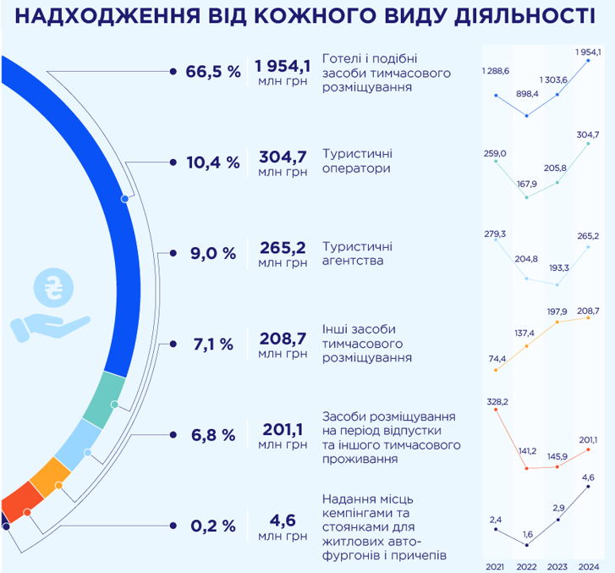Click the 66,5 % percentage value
[x=213, y=72]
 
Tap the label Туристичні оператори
[x=357, y=161]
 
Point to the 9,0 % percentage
[x=213, y=253]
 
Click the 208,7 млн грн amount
[x=283, y=344]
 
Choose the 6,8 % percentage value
[x=213, y=435]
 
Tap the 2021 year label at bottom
[x=495, y=565]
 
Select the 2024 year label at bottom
[x=590, y=565]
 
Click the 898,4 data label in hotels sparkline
[x=528, y=94]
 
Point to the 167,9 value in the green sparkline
[x=528, y=184]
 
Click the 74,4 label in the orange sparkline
[x=497, y=359]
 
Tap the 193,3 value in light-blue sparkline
[x=559, y=268]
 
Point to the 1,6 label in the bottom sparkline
[x=527, y=535]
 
